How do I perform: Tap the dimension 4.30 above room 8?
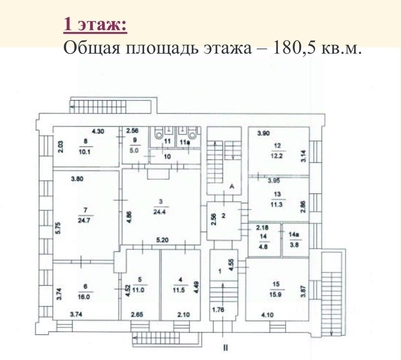click(x=98, y=132)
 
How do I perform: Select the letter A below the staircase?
click(x=231, y=187)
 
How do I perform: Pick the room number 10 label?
click(x=167, y=156)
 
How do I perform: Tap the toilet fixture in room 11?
click(x=159, y=133)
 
